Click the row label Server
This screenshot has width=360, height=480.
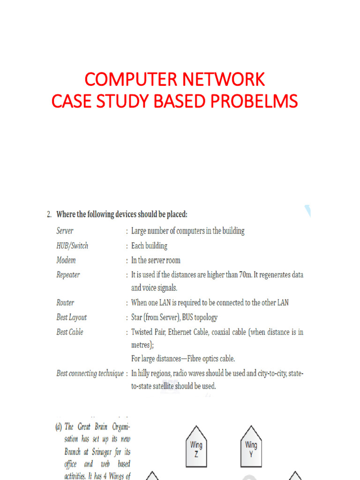(65, 231)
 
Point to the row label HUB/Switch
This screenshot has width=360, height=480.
(72, 246)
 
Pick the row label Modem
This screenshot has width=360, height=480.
(66, 260)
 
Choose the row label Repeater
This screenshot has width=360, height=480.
(68, 275)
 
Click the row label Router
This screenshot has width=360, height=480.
(65, 303)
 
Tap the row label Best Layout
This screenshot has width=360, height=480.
(72, 317)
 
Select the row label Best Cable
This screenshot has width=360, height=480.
(70, 332)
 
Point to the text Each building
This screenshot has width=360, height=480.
(149, 246)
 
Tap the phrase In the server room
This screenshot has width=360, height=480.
(156, 260)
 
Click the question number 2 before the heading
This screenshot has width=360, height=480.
(49, 215)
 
